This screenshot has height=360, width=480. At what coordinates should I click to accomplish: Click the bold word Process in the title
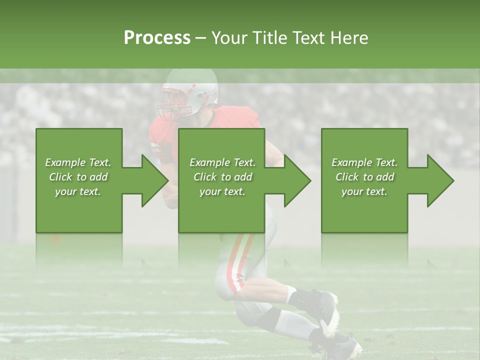[x=157, y=38]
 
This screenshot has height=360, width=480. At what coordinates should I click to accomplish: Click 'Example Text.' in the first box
[x=78, y=162]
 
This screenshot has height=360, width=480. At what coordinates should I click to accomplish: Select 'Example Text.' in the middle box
[x=222, y=162]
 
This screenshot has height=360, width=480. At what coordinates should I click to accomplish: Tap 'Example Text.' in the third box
[x=364, y=162]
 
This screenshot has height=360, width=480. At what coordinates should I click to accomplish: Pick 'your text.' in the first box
[x=78, y=191]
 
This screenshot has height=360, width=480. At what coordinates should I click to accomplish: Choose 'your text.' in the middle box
[x=222, y=191]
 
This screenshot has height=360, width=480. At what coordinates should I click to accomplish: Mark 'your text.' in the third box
[x=364, y=191]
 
